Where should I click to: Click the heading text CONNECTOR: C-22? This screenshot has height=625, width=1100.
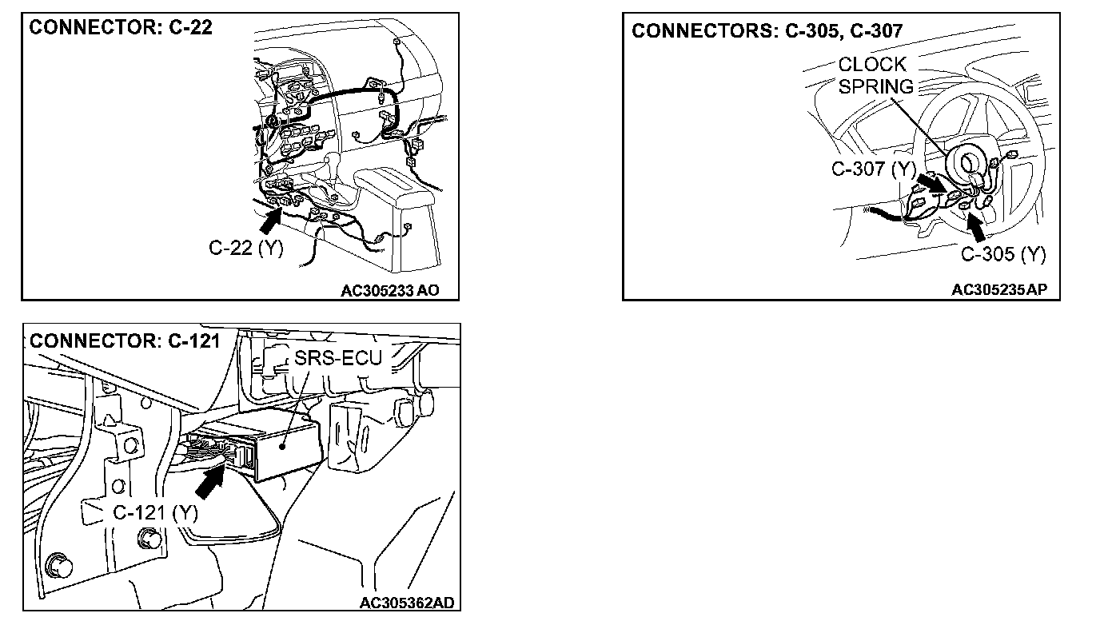[121, 28]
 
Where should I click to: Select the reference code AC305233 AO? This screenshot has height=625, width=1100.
[390, 291]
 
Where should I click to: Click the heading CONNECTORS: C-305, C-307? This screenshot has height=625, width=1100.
[767, 31]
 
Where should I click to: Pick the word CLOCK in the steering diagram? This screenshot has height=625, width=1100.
[872, 65]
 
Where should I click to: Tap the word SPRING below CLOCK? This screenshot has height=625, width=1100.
[875, 86]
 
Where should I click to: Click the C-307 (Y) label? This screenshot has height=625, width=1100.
[873, 169]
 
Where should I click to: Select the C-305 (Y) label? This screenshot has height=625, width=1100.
[1002, 254]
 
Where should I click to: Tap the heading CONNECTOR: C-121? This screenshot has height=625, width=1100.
[125, 341]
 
